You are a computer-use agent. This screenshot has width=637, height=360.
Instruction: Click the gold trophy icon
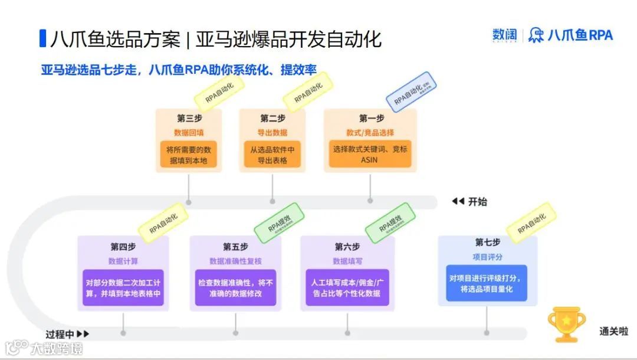(566, 323)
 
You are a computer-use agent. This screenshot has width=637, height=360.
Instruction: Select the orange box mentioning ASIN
(370, 154)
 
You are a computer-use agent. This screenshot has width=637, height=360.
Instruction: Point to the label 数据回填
(189, 133)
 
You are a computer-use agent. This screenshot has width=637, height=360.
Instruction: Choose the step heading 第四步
(123, 246)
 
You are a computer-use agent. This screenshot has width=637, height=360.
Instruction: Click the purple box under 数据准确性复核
(235, 288)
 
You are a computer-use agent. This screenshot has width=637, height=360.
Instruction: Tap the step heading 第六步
(347, 246)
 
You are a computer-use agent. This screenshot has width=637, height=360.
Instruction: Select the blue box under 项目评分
(487, 283)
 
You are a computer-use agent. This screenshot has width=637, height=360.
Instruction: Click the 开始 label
(477, 202)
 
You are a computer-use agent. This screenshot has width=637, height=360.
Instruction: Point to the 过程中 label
(61, 334)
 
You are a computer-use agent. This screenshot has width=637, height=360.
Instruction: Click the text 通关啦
(613, 332)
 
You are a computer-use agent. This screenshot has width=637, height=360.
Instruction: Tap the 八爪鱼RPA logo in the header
(571, 35)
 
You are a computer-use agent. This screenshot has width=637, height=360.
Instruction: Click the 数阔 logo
(504, 35)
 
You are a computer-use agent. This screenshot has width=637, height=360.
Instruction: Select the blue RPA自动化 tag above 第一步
(411, 93)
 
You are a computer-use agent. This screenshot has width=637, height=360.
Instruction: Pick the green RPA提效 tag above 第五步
(279, 222)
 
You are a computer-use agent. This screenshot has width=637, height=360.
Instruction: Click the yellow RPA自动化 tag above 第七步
(531, 222)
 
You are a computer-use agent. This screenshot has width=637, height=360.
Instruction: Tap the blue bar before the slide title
(42, 38)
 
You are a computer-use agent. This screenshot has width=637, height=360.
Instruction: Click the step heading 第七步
(488, 243)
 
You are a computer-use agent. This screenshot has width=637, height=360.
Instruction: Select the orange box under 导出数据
(272, 154)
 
